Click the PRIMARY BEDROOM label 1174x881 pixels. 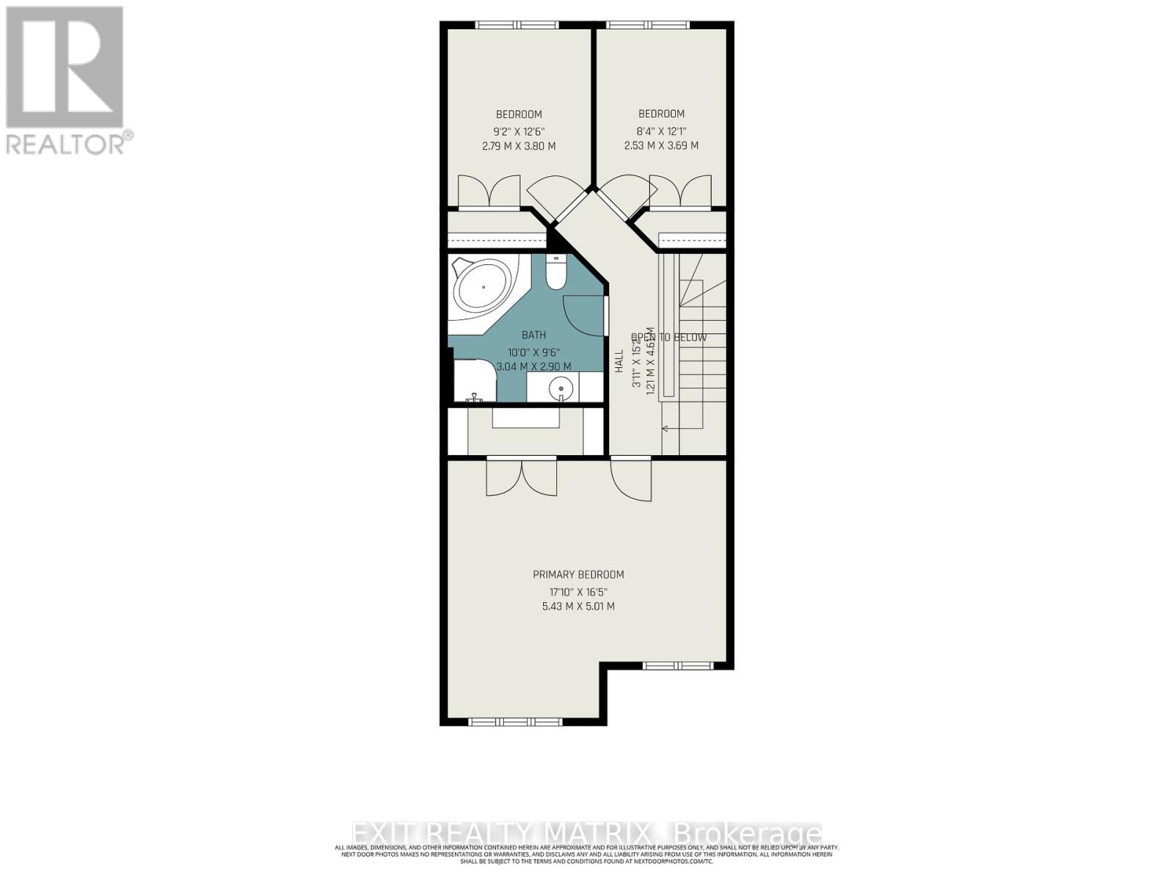(x=578, y=575)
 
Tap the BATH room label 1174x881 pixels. (x=533, y=335)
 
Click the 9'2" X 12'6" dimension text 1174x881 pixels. (x=519, y=131)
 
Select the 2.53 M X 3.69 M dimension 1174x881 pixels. (x=661, y=145)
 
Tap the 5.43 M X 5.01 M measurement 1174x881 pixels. (x=578, y=606)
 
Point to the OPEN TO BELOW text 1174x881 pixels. (x=668, y=338)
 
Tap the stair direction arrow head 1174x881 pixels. (x=665, y=428)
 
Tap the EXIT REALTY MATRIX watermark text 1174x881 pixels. (x=586, y=834)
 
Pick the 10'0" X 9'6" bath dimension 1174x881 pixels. (x=533, y=351)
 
